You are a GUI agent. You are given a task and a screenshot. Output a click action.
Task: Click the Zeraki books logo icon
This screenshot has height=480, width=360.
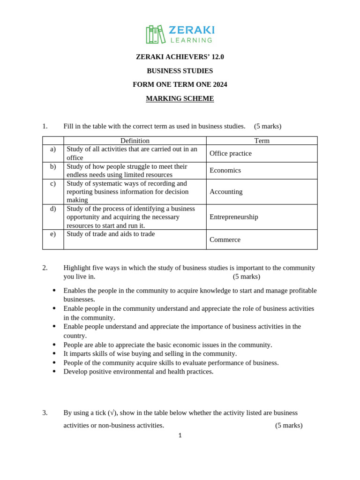[156, 34]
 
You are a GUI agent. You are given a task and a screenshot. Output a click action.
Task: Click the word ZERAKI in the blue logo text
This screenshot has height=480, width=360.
[191, 30]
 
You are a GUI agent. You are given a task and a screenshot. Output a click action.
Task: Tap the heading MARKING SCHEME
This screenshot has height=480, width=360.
[180, 98]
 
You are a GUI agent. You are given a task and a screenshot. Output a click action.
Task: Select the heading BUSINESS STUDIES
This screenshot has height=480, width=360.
[180, 71]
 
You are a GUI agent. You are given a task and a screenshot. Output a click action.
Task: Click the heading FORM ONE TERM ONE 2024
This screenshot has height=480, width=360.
[180, 84]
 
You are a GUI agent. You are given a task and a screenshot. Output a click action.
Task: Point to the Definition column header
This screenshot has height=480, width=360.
[135, 141]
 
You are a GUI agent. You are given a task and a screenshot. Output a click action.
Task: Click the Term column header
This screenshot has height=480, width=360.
[262, 141]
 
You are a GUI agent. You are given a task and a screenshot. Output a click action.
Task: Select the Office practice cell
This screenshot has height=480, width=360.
[231, 153]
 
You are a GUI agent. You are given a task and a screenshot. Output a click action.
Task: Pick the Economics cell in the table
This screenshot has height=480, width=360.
[225, 170]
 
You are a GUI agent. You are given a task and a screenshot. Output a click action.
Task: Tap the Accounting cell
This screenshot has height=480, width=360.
[226, 192]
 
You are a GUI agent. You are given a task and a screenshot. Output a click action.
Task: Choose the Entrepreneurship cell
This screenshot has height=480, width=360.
[234, 217]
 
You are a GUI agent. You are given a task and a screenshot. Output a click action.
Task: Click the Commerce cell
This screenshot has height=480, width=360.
[225, 240]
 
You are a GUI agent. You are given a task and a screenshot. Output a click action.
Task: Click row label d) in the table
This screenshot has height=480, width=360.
[53, 209]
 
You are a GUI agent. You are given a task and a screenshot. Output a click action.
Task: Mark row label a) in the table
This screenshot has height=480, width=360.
[53, 149]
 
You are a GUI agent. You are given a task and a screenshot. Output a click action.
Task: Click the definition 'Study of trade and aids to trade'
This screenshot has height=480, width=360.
[111, 234]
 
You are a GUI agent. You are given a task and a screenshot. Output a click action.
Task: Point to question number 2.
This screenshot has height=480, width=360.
[45, 268]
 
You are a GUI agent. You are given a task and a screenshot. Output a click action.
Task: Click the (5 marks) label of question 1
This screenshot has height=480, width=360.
[268, 126]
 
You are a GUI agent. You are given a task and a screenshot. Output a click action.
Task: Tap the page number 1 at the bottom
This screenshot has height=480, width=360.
[180, 435]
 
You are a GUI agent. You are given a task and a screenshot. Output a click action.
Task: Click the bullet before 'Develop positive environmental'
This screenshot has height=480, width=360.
[54, 371]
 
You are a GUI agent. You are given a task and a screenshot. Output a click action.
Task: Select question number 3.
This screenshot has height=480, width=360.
[45, 412]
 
